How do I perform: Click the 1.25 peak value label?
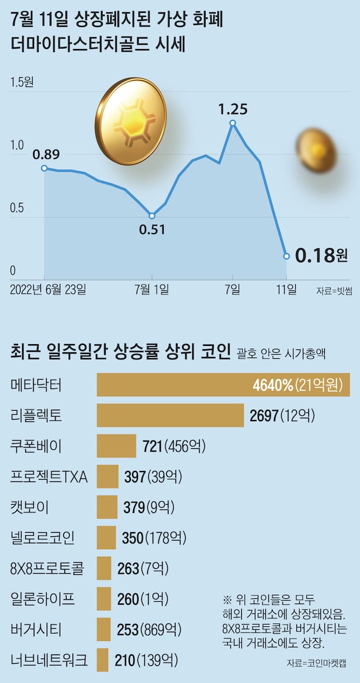233,109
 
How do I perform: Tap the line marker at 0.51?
152,216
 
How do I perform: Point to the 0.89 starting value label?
46,155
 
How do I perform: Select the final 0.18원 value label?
321,255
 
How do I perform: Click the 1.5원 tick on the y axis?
22,82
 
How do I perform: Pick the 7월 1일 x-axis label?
152,289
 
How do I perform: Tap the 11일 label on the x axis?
287,289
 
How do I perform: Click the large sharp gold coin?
130,121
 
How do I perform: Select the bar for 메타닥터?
223,385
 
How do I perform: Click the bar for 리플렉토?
170,415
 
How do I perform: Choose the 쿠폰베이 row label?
36,446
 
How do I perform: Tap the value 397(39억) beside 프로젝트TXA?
153,477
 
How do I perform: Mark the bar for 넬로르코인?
106,538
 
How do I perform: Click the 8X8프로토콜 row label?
48,568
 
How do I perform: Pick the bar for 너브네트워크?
102,660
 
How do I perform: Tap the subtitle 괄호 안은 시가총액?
282,353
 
